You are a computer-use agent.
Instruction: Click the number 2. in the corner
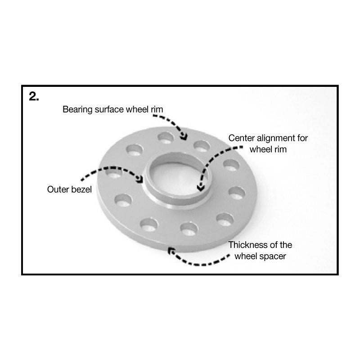point(34,97)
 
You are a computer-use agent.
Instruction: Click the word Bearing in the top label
point(76,109)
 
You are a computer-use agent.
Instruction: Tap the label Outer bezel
point(69,189)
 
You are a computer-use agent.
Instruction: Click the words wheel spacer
point(261,256)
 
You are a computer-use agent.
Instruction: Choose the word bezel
point(81,189)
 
